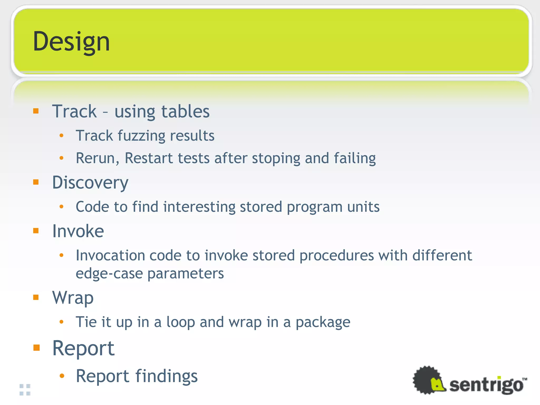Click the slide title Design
[x=71, y=42]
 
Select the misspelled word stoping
[x=276, y=158]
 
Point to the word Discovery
[x=90, y=182]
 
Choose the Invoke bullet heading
[x=78, y=231]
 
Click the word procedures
[x=336, y=255]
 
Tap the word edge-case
[x=109, y=273]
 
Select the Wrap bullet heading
[x=73, y=298]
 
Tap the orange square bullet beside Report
[x=36, y=348]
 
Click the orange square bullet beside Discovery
[x=36, y=182]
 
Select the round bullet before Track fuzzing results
[x=61, y=136]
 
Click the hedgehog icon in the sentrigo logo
[x=429, y=380]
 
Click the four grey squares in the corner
[x=25, y=390]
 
